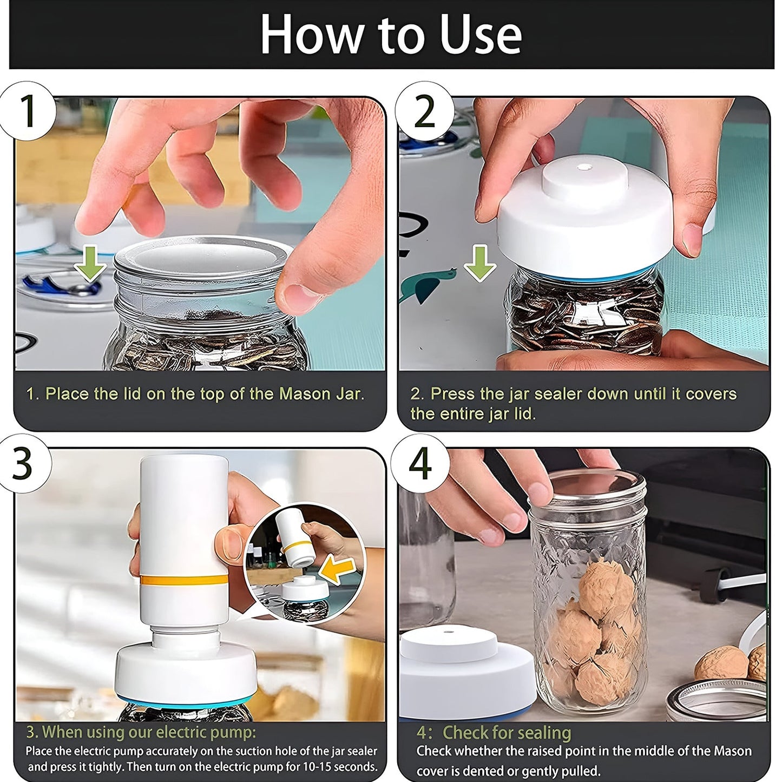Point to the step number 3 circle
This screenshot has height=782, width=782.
(23, 464)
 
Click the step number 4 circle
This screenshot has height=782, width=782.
(420, 464)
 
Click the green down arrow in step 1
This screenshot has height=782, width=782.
(90, 263)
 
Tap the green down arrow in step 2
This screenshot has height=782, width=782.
(479, 263)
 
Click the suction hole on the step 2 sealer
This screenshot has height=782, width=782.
(583, 169)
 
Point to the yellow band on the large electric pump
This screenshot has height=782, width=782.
(184, 580)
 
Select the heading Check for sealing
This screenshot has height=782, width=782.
(507, 732)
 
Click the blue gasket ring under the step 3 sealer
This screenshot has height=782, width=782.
(184, 703)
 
